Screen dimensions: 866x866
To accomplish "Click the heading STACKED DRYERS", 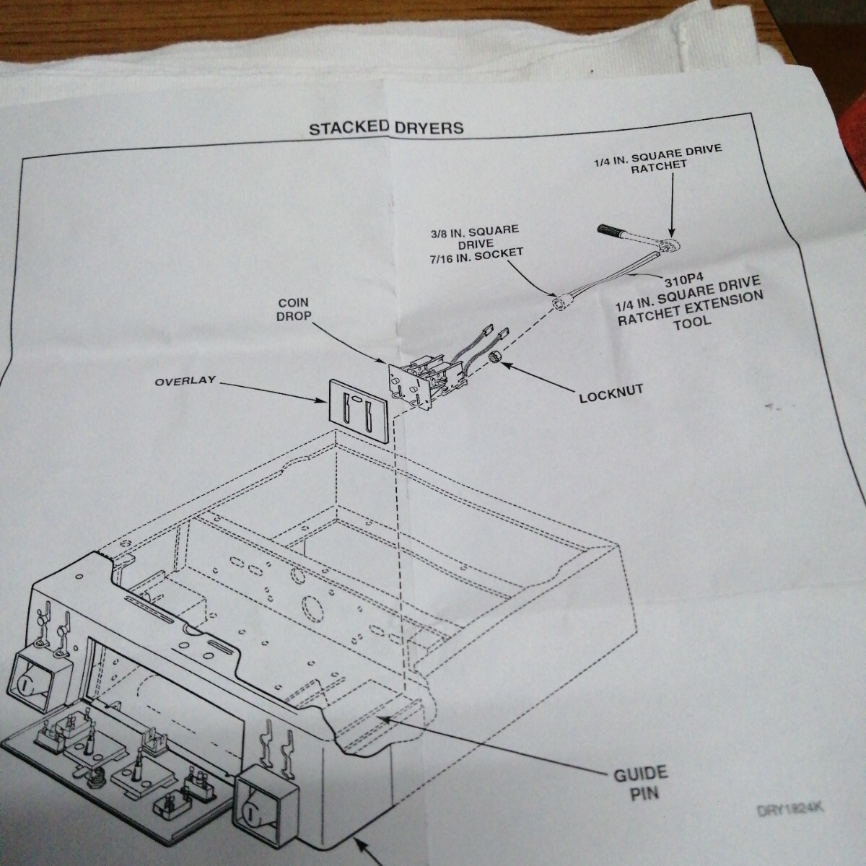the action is tap(385, 128).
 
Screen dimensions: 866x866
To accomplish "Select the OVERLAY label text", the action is tap(185, 380).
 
